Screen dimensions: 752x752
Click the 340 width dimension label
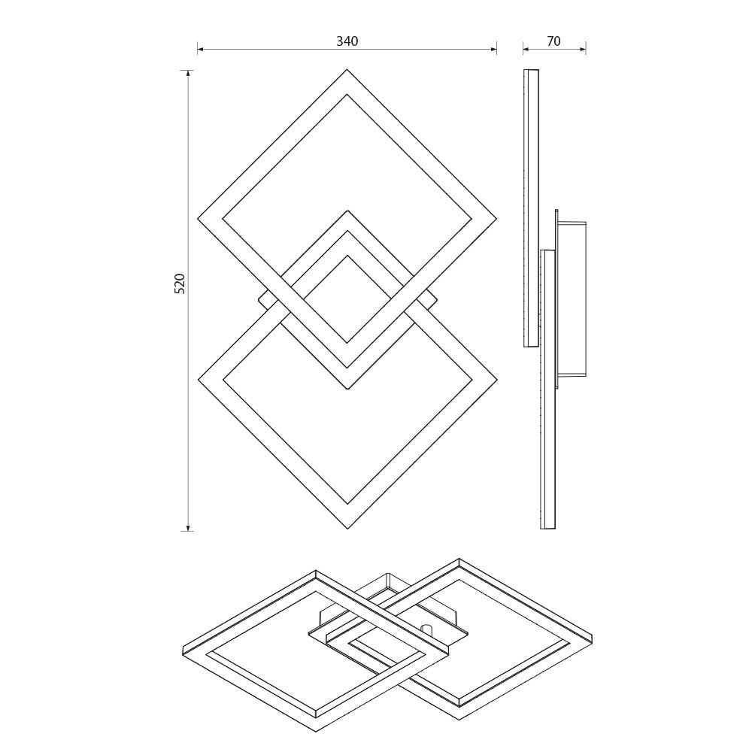click(347, 42)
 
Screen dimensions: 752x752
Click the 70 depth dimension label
click(553, 42)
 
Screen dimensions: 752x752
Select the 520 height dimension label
click(180, 284)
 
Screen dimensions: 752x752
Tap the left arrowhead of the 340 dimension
click(200, 50)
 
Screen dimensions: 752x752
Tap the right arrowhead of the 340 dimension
click(493, 50)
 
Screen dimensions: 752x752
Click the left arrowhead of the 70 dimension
click(526, 50)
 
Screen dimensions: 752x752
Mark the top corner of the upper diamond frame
click(347, 71)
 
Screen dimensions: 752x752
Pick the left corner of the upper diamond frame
click(199, 219)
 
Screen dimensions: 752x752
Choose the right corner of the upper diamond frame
click(496, 219)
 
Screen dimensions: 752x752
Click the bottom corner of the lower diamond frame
click(347, 528)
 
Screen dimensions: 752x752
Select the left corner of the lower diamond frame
click(199, 380)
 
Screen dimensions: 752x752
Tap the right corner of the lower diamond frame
click(496, 380)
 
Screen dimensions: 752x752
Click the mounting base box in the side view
click(572, 299)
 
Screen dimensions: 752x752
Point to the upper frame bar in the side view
click(532, 208)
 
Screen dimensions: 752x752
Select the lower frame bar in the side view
click(548, 389)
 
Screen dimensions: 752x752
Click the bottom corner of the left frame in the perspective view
click(316, 730)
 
